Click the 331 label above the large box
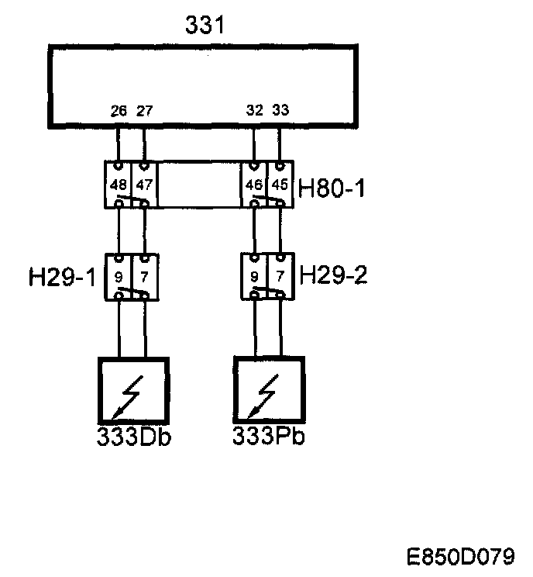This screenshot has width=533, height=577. point(205,26)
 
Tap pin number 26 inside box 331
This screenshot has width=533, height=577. point(119,111)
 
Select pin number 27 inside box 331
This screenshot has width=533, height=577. point(144,111)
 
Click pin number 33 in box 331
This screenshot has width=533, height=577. point(280,111)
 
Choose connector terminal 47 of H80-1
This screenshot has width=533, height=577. point(144,185)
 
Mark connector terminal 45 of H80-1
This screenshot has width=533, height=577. point(280,185)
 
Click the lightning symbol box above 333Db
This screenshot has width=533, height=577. point(132,392)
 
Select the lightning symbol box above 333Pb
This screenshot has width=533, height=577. point(268,392)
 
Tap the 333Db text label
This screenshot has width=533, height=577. point(134,437)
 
